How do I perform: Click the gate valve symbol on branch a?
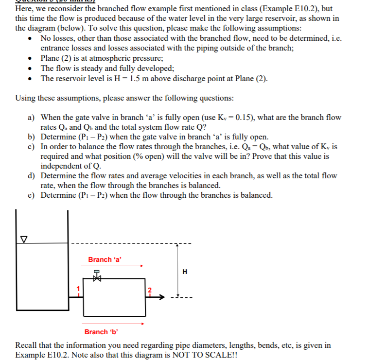tap(96, 276)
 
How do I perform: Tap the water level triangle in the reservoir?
tap(22, 239)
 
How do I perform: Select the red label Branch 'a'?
tap(105, 259)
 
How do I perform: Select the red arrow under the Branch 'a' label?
tap(114, 266)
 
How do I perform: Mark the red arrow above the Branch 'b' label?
tap(114, 323)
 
